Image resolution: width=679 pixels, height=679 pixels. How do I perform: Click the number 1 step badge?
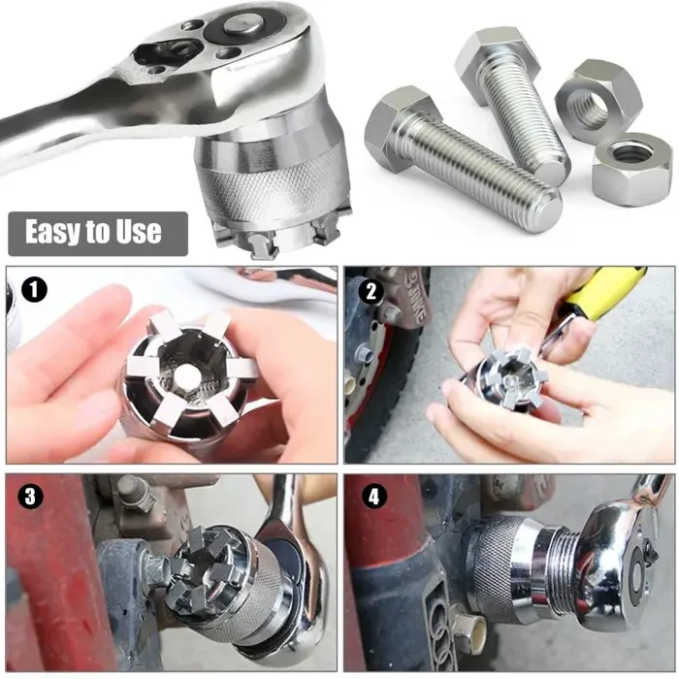(x=34, y=290)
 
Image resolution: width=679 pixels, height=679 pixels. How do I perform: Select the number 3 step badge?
(x=30, y=497)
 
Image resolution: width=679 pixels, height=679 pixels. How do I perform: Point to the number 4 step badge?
(x=373, y=497)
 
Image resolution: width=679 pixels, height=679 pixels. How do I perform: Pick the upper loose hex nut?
(x=593, y=100)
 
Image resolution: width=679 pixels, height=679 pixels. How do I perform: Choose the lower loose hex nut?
(x=631, y=168)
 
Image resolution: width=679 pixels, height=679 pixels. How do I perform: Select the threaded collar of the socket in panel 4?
(x=564, y=562)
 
